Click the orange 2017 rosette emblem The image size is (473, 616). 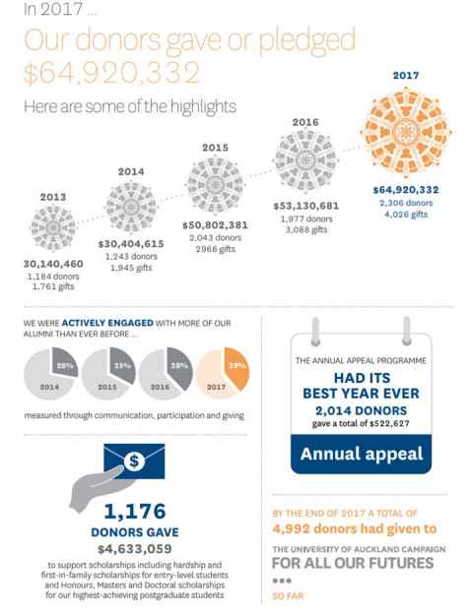point(406,132)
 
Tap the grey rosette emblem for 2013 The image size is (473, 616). point(53,228)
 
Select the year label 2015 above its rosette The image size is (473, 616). point(215,148)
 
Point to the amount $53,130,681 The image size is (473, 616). point(306,206)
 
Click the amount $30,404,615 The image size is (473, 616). point(131,244)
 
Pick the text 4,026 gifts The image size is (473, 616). point(406,215)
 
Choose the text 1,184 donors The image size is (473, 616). point(53,277)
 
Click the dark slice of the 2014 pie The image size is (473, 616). point(64,362)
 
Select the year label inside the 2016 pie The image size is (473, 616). point(160,387)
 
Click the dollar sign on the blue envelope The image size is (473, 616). point(134,461)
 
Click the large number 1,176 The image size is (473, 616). point(135,511)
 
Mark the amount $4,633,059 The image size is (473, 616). point(135,549)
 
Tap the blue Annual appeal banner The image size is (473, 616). point(362,454)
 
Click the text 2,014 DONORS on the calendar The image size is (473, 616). point(362,410)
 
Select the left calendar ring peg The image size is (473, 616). point(315,332)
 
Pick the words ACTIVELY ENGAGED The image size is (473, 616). point(107,323)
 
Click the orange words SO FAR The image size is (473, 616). point(288,596)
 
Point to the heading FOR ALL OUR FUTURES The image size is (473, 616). point(353,563)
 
